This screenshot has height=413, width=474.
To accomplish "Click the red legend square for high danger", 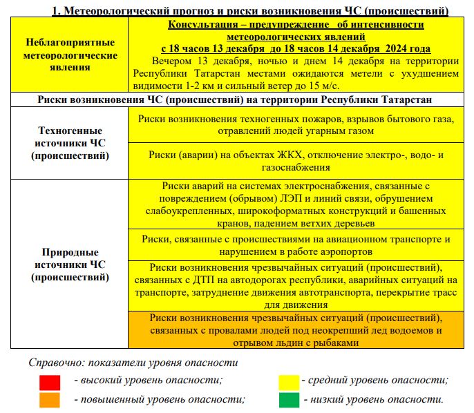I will click(x=50, y=382).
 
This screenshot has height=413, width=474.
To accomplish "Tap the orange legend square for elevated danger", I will click(x=50, y=399).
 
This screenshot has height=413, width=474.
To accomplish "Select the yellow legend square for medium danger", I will click(x=288, y=382).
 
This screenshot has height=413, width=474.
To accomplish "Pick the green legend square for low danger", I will click(x=288, y=399).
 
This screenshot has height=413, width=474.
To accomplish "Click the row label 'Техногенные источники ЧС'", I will click(x=68, y=143).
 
